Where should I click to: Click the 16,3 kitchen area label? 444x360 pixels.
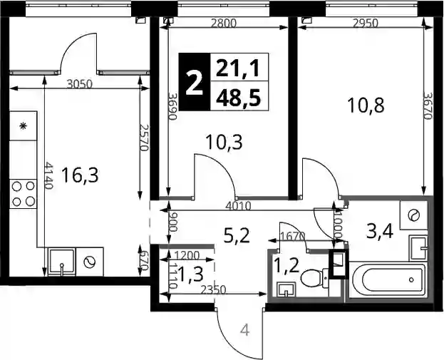(80, 175)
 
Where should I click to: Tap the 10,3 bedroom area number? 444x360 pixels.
(224, 142)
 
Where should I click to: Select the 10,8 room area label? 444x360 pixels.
(366, 105)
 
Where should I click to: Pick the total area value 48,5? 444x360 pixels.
(238, 96)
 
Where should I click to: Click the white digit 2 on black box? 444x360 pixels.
(195, 82)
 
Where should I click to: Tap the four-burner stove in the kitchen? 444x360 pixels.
(24, 194)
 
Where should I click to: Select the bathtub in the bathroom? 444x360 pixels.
(387, 279)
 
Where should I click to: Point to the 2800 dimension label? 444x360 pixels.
(224, 24)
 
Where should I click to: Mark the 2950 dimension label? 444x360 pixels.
(366, 24)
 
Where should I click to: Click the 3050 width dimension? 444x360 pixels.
(80, 84)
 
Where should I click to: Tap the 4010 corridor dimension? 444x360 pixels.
(238, 206)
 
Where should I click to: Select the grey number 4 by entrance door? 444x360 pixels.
(245, 330)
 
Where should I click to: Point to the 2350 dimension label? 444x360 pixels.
(213, 289)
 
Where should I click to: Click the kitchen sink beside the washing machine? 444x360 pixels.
(62, 262)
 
